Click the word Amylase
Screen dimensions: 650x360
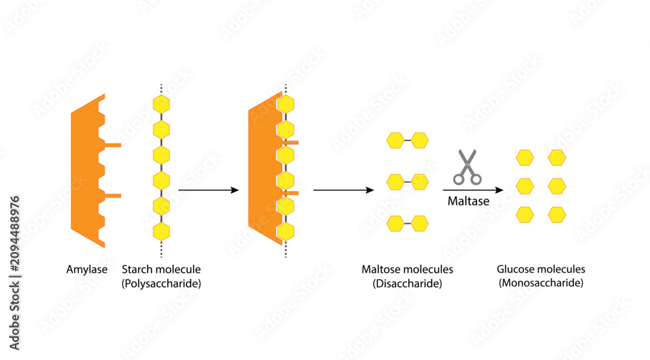pos(86,269)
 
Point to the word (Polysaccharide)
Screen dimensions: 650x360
pos(161,283)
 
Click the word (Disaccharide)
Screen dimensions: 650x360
pos(407,283)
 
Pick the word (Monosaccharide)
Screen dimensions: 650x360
pos(541,283)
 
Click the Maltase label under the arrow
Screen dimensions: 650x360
pos(469,201)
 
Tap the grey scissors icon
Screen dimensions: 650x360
pos(467,167)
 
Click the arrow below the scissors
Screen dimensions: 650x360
pos(473,190)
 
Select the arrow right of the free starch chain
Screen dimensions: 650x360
pos(209,190)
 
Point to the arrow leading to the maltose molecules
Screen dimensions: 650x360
pos(344,190)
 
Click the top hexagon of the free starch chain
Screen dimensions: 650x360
pos(161,104)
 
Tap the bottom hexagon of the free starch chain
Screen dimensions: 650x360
pos(161,231)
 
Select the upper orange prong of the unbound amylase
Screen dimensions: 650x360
pos(112,145)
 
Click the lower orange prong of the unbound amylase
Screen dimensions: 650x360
pos(112,196)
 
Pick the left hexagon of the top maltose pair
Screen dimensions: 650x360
pos(395,140)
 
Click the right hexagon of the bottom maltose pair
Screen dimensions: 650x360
pos(419,224)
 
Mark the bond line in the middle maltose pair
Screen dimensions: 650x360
pos(408,182)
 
